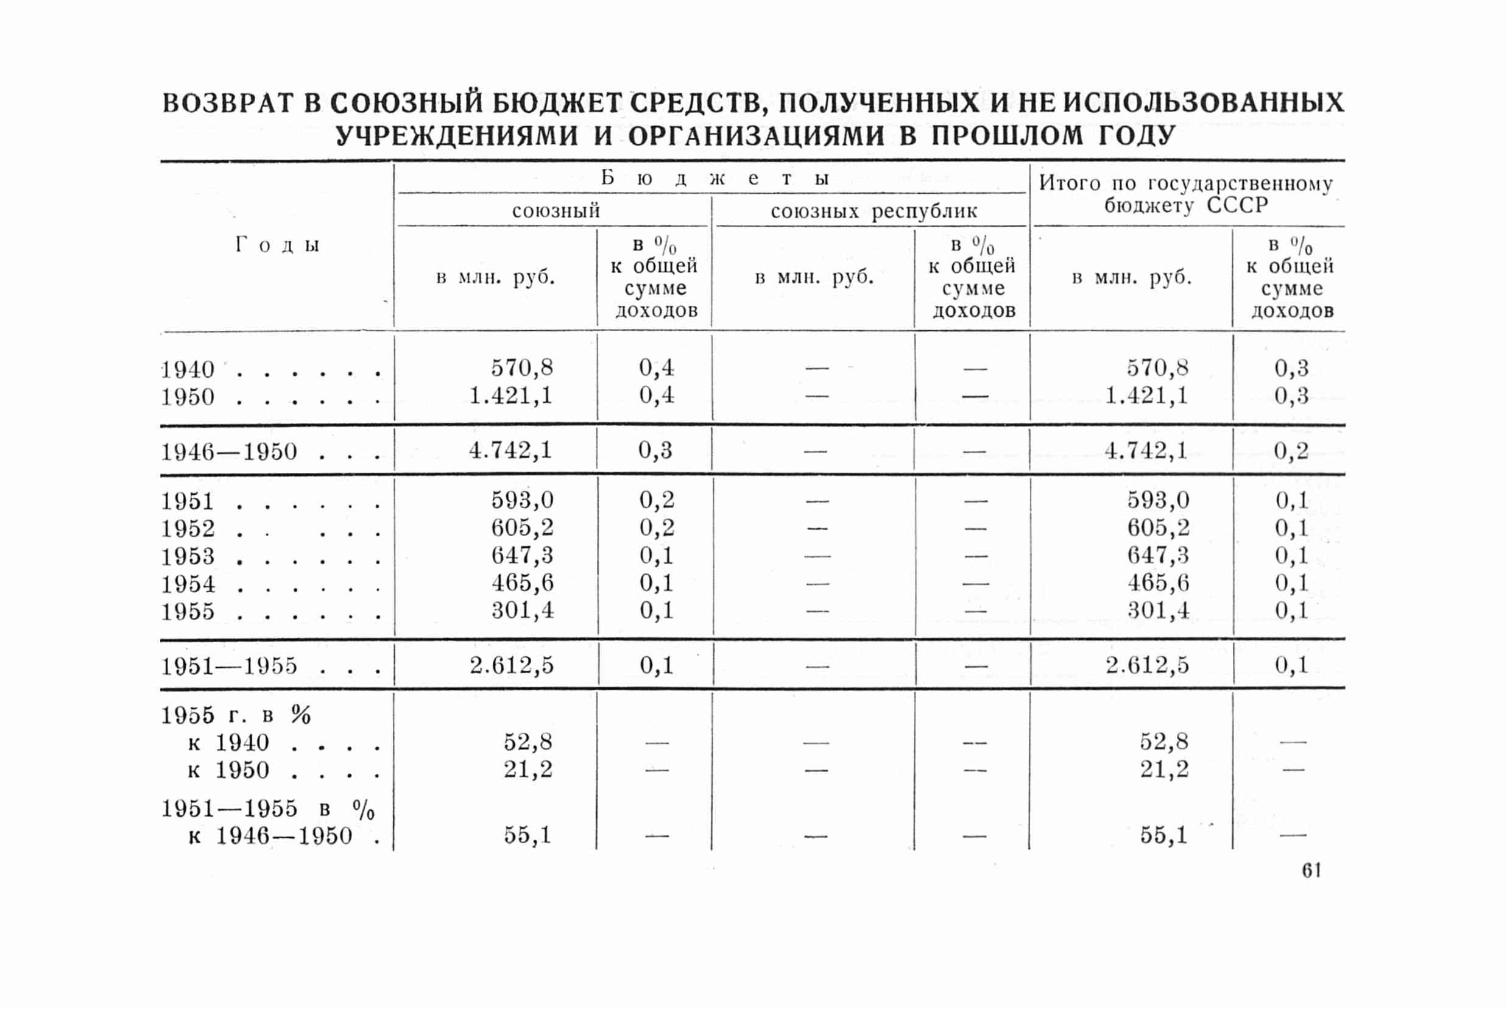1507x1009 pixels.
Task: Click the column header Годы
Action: [x=277, y=245]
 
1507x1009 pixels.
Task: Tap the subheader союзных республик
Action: [x=873, y=211]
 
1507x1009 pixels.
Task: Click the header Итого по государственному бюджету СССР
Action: [x=1186, y=194]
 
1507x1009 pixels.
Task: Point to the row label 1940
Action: [x=187, y=370]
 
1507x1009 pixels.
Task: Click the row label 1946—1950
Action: [x=229, y=451]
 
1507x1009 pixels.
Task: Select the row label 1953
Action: [x=187, y=556]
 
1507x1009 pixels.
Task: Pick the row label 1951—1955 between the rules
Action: [x=229, y=666]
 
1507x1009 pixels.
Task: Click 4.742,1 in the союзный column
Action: [x=510, y=450]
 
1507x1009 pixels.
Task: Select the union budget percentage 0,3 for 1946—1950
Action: [x=655, y=450]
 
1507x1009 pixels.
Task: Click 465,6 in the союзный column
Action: [x=522, y=583]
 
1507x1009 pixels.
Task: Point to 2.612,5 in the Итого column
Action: [x=1147, y=665]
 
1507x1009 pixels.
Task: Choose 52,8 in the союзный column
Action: [x=528, y=743]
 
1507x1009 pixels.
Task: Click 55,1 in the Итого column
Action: [x=1163, y=836]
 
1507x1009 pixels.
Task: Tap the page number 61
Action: [x=1311, y=871]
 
